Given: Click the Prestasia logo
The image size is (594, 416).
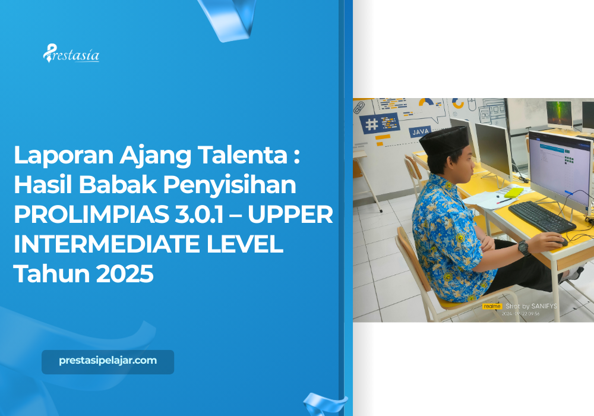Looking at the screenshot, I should (71, 55).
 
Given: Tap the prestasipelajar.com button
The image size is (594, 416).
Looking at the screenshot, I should (108, 361).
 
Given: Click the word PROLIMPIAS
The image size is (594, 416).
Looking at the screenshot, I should (87, 215).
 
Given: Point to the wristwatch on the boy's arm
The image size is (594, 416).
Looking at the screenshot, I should (523, 248).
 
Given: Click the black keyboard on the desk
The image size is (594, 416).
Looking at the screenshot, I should (541, 215).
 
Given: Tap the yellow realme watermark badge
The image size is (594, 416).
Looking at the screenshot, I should (492, 307).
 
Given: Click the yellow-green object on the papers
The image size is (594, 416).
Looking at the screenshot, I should (513, 192).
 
